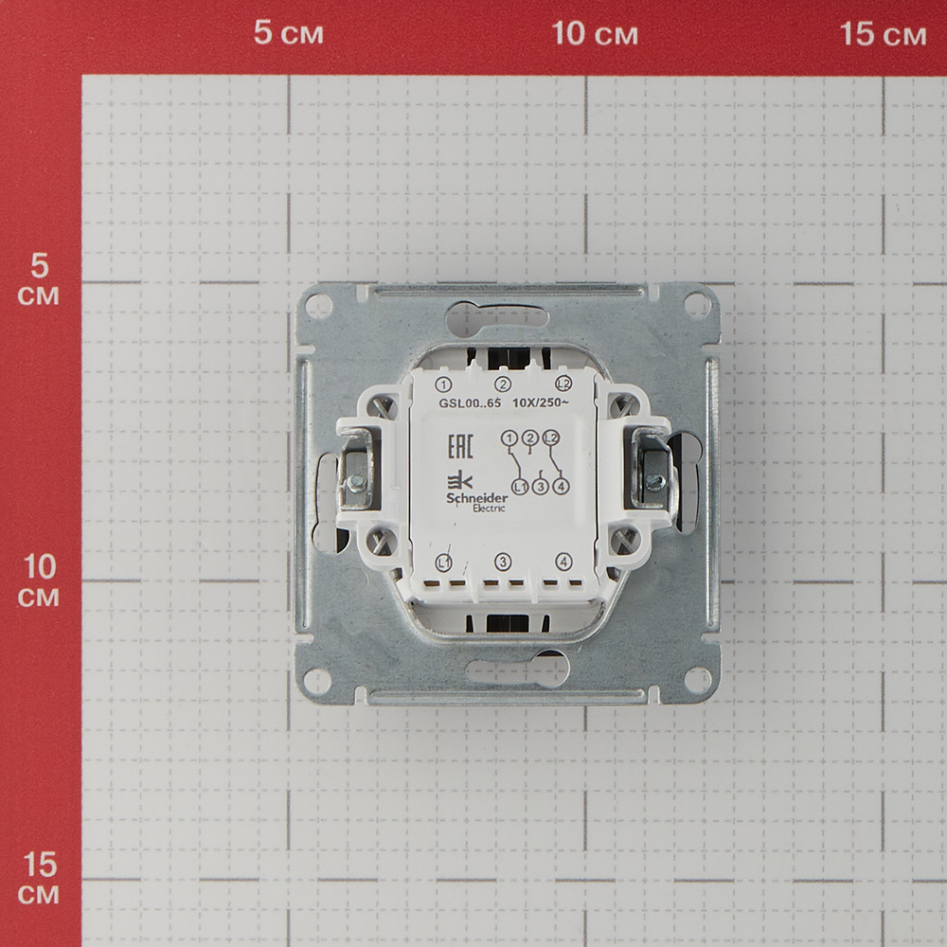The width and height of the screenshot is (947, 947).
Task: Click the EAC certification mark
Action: coord(460,446)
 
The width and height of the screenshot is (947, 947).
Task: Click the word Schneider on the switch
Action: coord(476,498)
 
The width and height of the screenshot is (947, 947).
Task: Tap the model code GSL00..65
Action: coord(470,403)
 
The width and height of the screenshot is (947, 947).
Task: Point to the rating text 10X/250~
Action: coord(540,402)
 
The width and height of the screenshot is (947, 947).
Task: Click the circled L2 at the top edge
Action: coord(563,384)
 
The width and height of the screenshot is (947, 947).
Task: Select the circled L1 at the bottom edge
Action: coord(443,563)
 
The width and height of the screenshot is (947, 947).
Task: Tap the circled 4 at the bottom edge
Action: coord(563,563)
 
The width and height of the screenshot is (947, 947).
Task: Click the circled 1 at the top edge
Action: coord(443,384)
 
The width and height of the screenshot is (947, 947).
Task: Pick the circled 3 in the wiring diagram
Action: coord(540,486)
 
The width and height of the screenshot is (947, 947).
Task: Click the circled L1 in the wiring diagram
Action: coord(519,486)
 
